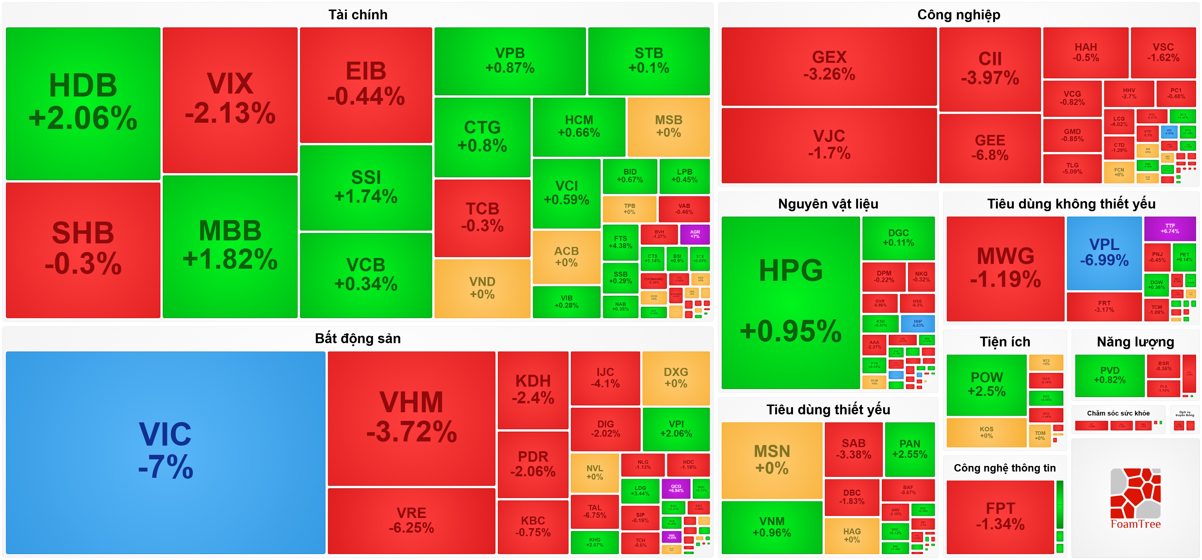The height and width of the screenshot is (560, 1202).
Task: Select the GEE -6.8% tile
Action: pos(990,148)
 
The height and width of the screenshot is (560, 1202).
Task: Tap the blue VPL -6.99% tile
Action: pos(1104,252)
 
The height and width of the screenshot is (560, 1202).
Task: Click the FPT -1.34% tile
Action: pos(1000,516)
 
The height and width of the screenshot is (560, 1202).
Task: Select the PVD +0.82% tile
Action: pos(1109,375)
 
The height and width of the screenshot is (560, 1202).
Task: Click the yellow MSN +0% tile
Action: pos(772,460)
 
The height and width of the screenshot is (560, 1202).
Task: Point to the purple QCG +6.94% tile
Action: pos(676,488)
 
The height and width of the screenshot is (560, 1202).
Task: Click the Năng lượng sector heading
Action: pos(1135,342)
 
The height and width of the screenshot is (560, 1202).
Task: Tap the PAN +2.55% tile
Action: pos(910,449)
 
